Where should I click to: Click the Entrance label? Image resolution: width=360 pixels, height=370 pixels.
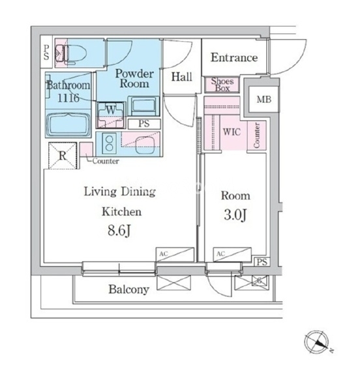(234, 57)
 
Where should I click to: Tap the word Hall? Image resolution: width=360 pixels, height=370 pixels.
(182, 77)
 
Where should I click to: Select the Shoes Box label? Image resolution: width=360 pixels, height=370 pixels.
(222, 85)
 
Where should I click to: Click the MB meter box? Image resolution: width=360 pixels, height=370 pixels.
(263, 100)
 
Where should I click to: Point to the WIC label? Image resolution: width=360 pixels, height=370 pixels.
(232, 132)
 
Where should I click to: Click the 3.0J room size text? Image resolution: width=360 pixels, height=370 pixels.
(235, 215)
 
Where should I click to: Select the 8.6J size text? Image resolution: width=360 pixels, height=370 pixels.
(119, 231)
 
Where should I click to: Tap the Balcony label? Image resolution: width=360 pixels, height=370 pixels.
(128, 289)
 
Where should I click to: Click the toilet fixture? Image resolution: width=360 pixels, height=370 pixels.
(70, 54)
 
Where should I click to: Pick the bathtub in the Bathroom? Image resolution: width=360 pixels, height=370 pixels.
(68, 124)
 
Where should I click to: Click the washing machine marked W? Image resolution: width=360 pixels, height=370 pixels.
(111, 115)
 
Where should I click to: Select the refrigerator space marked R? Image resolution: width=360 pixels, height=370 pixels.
(63, 156)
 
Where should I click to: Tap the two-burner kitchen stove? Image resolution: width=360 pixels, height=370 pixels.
(109, 143)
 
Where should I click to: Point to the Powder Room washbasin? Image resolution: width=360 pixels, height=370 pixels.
(143, 106)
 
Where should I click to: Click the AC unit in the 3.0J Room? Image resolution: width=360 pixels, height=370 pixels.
(232, 254)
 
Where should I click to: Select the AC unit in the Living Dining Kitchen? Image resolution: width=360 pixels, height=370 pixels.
(175, 254)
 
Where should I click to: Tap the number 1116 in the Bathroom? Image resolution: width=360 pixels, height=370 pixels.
(68, 98)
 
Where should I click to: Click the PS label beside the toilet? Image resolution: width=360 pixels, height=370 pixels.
(46, 52)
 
